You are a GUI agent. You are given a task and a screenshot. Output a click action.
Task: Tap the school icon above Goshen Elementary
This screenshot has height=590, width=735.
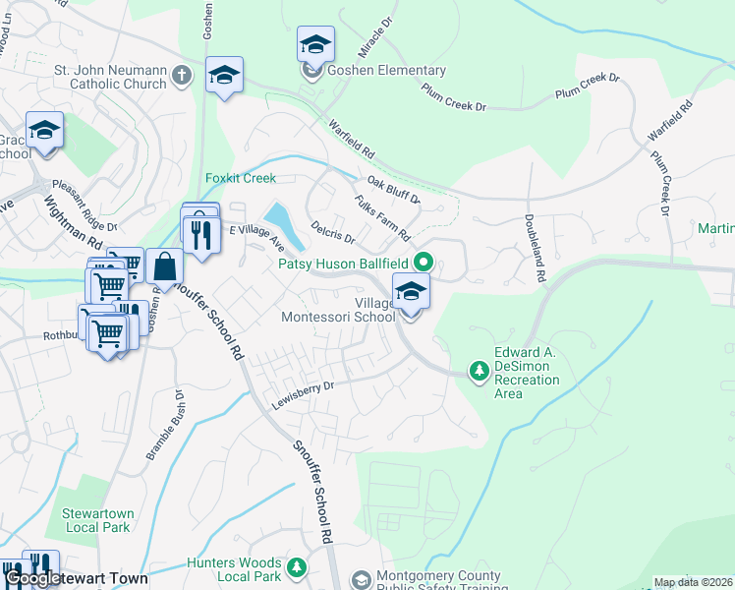coord(315,44)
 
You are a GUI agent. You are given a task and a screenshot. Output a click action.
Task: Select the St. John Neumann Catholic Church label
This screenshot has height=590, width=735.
coord(110,78)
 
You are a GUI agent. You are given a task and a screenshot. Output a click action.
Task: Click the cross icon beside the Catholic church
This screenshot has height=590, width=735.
coord(181,75)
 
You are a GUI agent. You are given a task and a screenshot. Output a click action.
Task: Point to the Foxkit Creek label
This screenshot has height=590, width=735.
coord(241,179)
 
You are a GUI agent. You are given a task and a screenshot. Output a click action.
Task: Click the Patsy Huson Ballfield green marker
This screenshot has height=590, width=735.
coord(424,262)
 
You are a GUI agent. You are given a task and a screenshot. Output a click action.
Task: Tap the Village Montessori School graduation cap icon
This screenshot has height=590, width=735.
coord(411,290)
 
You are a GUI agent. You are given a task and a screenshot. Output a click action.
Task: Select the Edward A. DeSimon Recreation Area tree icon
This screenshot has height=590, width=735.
coord(479,371)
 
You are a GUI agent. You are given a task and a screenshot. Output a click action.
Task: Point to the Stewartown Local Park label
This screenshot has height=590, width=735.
coord(95,520)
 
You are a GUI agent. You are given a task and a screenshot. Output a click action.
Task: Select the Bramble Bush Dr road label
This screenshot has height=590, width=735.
coord(166,425)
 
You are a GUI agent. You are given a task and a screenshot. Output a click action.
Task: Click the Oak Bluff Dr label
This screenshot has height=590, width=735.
coord(393,191)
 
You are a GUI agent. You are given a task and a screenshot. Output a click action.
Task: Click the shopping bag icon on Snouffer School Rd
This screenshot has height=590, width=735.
coord(164,265)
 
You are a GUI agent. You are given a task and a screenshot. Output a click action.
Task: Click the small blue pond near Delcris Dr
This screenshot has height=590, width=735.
coord(276,215)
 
